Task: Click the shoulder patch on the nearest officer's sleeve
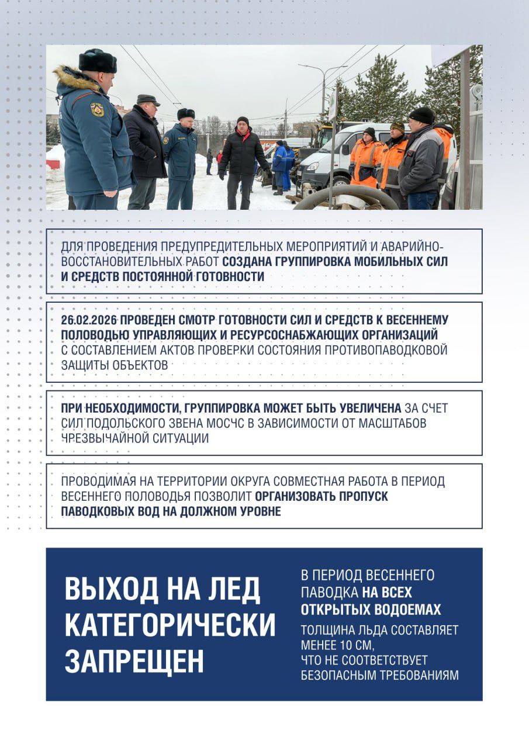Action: [x=97, y=109]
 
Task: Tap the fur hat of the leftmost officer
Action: [x=97, y=61]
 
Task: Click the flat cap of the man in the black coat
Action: [x=147, y=99]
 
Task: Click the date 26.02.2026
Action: [x=88, y=320]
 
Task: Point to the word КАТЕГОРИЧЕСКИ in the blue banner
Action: [x=170, y=625]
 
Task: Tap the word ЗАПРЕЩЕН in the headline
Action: [x=134, y=660]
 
